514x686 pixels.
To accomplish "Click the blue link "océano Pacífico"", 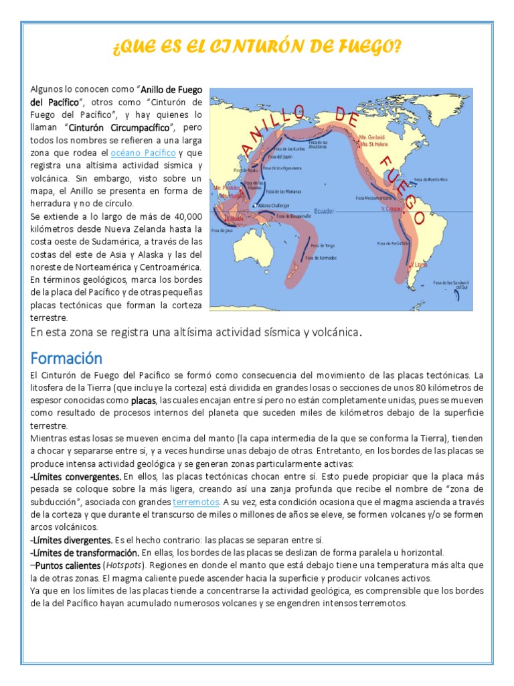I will [143, 153].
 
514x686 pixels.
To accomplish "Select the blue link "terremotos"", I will [195, 501].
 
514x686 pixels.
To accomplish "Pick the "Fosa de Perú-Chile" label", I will [392, 243].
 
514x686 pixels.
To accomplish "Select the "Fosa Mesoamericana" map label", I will [373, 198].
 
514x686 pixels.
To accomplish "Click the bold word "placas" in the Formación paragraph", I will [143, 401].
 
